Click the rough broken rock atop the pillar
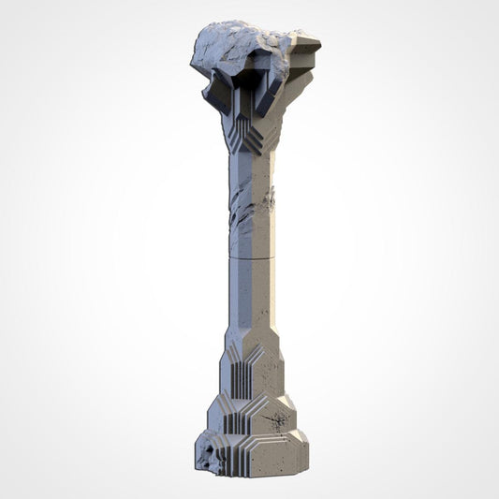234,47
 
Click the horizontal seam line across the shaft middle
251,255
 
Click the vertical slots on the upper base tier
241,379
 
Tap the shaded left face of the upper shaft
235,187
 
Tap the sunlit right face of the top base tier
270,374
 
